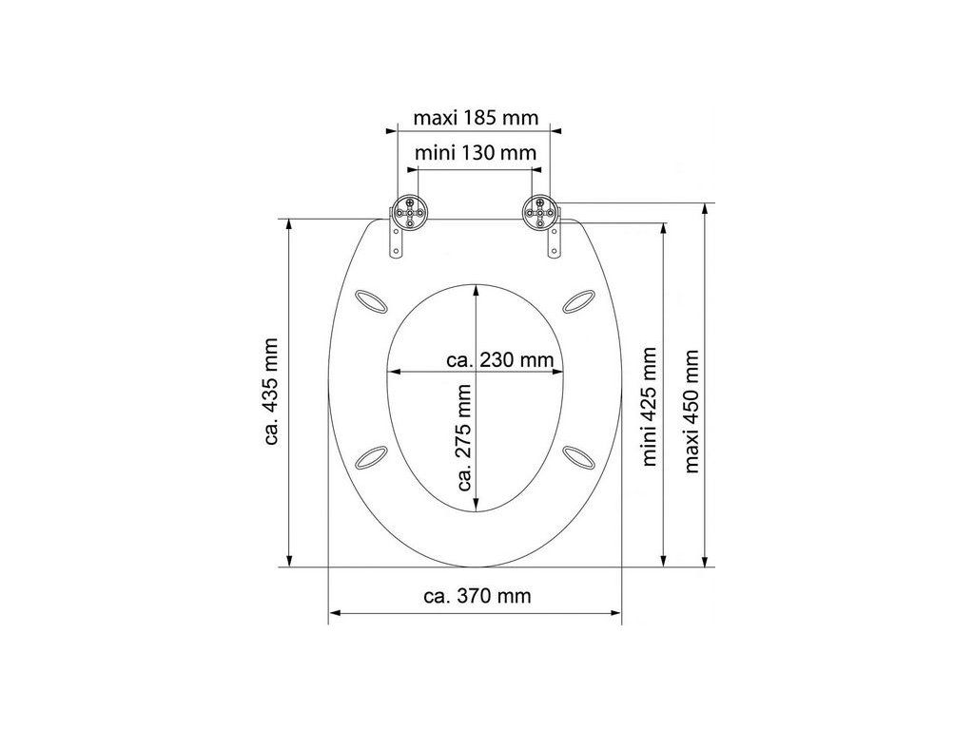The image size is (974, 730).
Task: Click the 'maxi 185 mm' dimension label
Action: (x=476, y=117)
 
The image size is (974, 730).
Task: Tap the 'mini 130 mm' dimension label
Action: (x=476, y=152)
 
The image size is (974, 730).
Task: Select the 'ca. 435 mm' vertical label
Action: (x=271, y=391)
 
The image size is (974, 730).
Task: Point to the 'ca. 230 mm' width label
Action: (x=500, y=359)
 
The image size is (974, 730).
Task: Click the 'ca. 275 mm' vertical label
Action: (x=464, y=437)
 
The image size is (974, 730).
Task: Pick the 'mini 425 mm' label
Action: (x=649, y=406)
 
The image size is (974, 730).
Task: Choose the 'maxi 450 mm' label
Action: (x=692, y=411)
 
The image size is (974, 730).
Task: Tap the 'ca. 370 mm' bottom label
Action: (x=477, y=597)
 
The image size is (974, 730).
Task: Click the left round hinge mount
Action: (x=408, y=214)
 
